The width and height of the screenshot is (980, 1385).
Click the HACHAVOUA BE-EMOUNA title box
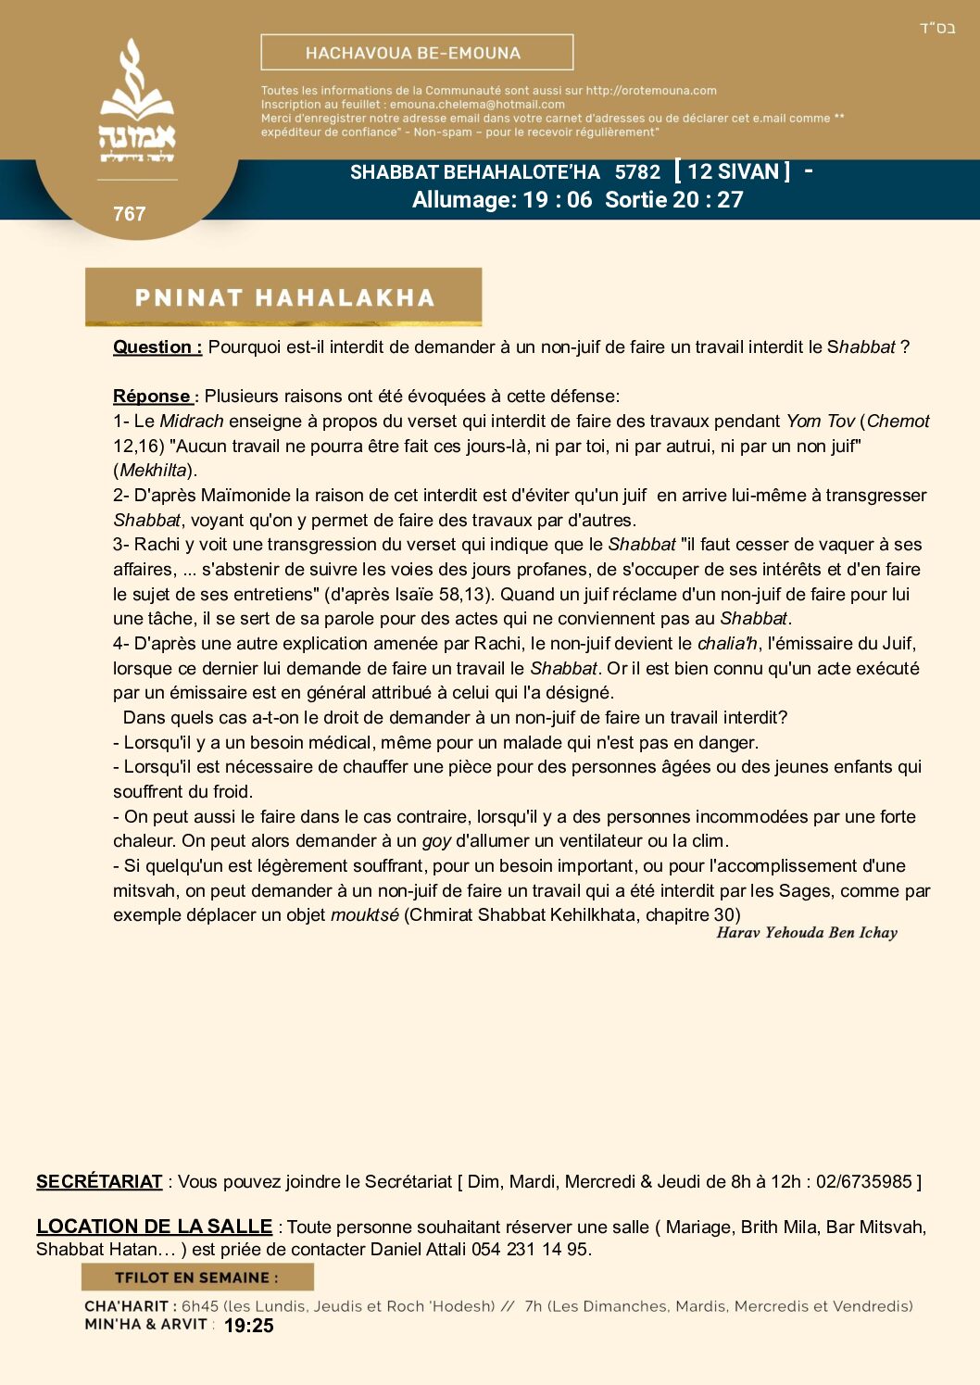point(417,53)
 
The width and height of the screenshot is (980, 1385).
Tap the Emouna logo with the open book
point(137,102)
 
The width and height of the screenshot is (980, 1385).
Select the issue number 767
point(130,214)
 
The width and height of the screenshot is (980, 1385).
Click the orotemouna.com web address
point(651,91)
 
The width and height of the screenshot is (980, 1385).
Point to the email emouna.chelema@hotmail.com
point(477,105)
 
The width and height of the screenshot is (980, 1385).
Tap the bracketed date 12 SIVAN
point(733,172)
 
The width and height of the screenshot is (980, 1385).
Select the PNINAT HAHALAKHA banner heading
point(283,297)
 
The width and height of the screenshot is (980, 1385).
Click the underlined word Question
point(157,347)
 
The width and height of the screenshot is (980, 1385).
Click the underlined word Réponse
point(153,397)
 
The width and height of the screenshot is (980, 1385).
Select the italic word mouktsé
point(365,915)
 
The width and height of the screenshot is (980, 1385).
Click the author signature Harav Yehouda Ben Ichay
point(807,933)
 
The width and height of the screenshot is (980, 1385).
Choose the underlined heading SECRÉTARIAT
point(99,1182)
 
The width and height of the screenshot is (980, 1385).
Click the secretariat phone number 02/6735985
point(864,1182)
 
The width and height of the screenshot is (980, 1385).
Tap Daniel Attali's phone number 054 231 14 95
point(529,1250)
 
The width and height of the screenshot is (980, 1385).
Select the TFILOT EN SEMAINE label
point(196,1278)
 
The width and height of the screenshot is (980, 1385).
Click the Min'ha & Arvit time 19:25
point(249,1326)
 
